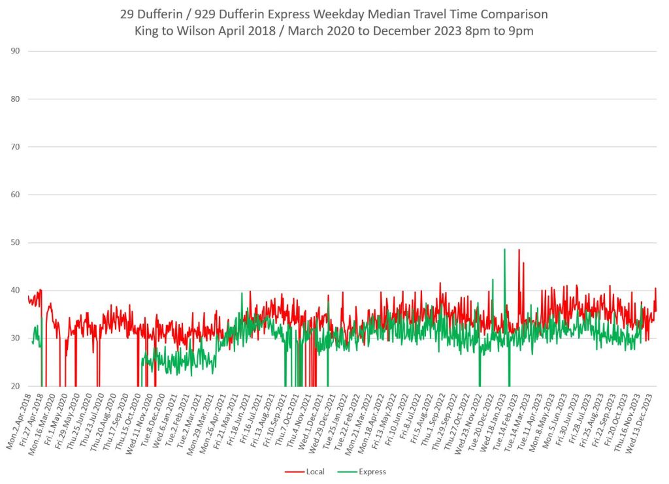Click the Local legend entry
pyautogui.click(x=315, y=472)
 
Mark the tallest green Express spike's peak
pyautogui.click(x=504, y=249)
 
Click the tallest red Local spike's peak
pyautogui.click(x=519, y=250)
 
